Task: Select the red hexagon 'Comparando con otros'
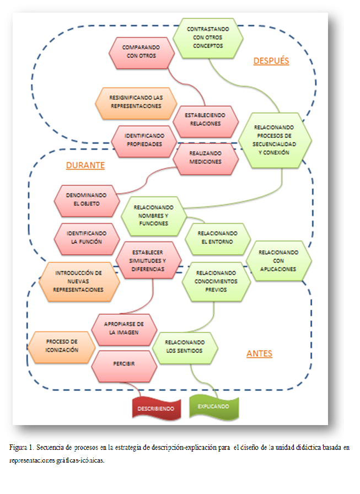click(140, 52)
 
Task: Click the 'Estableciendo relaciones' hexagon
click(205, 120)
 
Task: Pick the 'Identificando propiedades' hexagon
click(143, 140)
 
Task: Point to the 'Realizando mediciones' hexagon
click(206, 158)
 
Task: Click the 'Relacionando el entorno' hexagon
click(217, 238)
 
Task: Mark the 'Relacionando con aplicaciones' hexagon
click(278, 260)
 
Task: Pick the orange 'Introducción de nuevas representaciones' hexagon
click(79, 281)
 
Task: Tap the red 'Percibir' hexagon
click(123, 365)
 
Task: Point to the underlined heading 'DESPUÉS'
click(271, 61)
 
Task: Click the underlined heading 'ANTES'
click(259, 353)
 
